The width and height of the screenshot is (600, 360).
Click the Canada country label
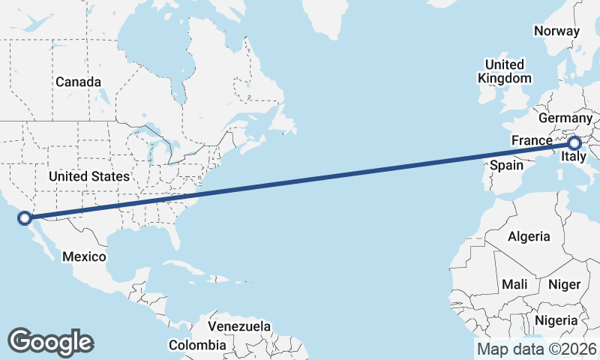78,82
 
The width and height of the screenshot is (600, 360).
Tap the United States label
88,177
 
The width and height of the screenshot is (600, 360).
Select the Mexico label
84,256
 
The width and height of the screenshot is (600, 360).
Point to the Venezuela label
239,327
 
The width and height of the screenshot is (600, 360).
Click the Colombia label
196,345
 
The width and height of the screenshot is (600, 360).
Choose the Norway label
556,31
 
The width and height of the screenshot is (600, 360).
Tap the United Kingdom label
505,71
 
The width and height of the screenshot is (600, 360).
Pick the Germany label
565,118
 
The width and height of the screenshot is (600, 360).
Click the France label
532,140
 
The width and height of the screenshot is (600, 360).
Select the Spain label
506,164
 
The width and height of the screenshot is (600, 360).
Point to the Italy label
574,157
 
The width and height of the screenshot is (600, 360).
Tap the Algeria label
529,237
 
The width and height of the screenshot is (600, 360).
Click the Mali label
515,284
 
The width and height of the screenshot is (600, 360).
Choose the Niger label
564,284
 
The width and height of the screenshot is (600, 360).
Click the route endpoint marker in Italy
574,143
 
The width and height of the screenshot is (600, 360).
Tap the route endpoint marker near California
25,218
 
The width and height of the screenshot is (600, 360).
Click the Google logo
50,342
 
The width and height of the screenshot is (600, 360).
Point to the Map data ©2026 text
537,349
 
